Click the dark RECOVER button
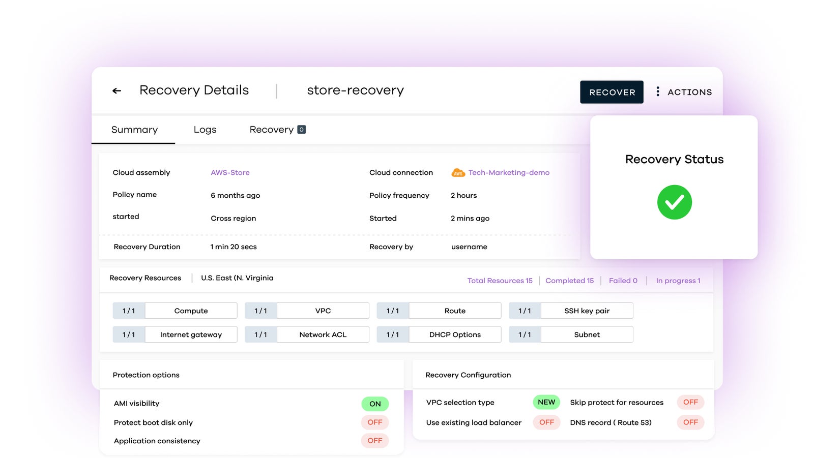coord(612,92)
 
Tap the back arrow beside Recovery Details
coord(117,91)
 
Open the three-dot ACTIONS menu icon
coord(658,91)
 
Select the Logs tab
coord(205,130)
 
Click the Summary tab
coord(134,130)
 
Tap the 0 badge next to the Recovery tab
coord(301,130)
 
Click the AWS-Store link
coord(230,173)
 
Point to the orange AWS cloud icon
coord(458,173)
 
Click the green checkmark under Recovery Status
coord(674,202)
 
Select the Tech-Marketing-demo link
coord(509,173)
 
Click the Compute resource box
coord(191,311)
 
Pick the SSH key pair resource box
coord(587,311)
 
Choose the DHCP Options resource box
coord(455,334)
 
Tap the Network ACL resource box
coord(323,334)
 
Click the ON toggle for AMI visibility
coord(375,404)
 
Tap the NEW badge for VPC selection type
coord(546,402)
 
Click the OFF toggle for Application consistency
coord(375,441)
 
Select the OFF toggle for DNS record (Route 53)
coord(690,422)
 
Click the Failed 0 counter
coord(623,281)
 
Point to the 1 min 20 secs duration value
coord(234,247)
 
